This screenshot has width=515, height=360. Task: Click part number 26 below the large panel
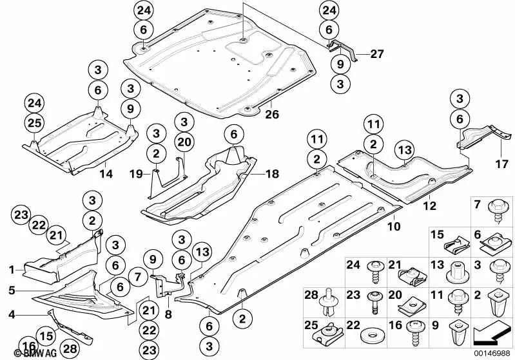[x=272, y=114]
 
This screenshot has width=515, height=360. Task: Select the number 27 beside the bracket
[x=376, y=54]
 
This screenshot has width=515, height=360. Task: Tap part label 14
[x=106, y=174]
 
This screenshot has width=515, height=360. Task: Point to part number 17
[x=501, y=164]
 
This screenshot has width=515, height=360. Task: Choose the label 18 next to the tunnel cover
[x=272, y=174]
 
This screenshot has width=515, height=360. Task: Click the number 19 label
[x=136, y=174]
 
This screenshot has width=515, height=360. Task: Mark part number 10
[x=394, y=226]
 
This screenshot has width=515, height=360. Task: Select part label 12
[x=430, y=206]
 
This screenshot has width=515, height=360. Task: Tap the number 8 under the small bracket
[x=168, y=315]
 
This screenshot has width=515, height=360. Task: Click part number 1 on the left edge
[x=12, y=270]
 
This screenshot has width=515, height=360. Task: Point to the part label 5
[x=12, y=290]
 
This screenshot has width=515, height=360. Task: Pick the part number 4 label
[x=12, y=315]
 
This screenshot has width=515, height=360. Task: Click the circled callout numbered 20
[x=184, y=142]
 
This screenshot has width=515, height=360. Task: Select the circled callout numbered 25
[x=35, y=123]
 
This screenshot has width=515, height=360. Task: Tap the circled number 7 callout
[x=138, y=278]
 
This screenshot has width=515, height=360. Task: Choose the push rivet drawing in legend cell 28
[x=327, y=301]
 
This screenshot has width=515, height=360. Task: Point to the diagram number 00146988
[x=492, y=353]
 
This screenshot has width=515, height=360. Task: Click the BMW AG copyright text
[x=35, y=353]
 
